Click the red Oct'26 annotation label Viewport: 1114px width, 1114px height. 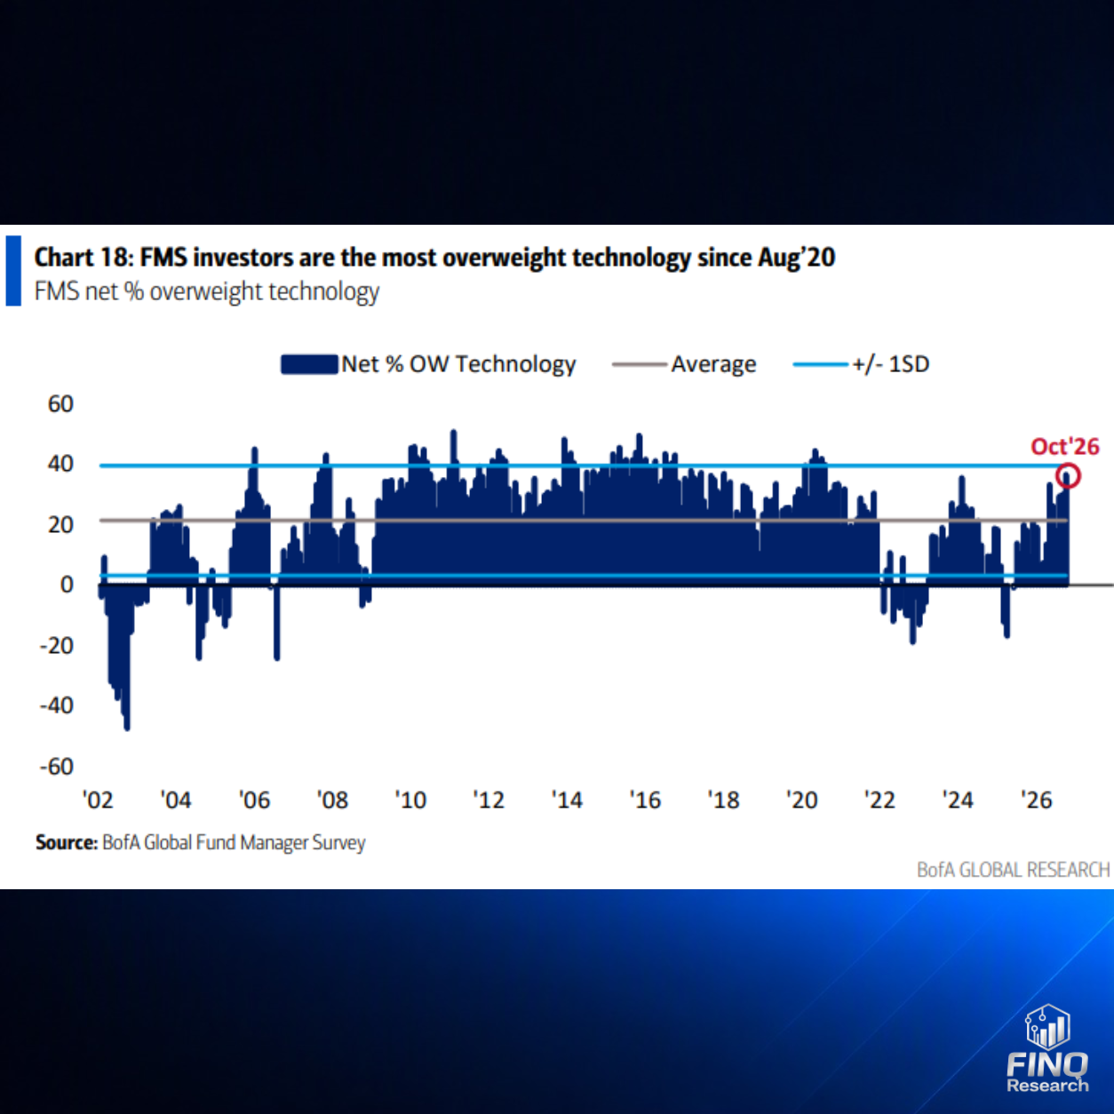[x=1065, y=447]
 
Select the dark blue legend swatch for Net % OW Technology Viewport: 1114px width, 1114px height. [x=309, y=364]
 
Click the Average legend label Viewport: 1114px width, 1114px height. [x=713, y=364]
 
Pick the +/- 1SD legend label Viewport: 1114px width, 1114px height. [x=891, y=364]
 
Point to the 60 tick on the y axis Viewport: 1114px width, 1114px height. [x=60, y=404]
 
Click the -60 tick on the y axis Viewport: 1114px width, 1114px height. [x=56, y=767]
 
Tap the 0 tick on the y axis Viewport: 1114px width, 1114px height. [x=67, y=585]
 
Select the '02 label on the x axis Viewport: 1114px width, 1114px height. [x=98, y=800]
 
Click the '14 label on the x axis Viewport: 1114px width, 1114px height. [x=567, y=800]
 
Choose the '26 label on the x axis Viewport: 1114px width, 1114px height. [x=1037, y=800]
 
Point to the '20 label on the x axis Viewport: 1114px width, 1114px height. [x=802, y=800]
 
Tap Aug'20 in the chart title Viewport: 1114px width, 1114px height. [x=797, y=258]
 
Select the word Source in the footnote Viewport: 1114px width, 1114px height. [x=67, y=842]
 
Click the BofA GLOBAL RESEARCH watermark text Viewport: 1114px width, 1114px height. [x=1013, y=870]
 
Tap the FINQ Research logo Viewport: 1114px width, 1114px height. [x=1047, y=1049]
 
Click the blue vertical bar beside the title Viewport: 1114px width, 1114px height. [x=13, y=270]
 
